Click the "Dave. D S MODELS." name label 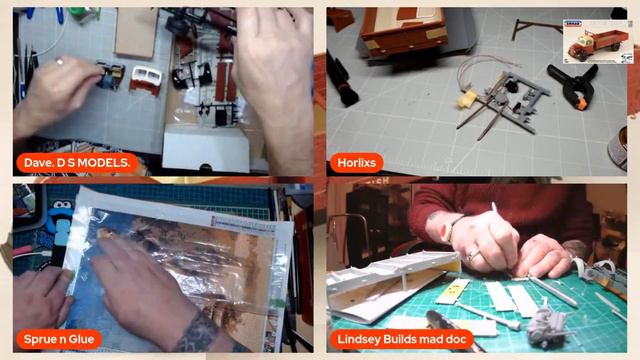point(77,163)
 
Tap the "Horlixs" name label point(356,163)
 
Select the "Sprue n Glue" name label point(59,339)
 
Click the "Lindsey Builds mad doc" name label point(402,339)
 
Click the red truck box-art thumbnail point(598,41)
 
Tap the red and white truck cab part point(146,80)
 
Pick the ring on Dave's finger point(60,62)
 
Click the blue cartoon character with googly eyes point(60,222)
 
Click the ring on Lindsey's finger point(472,256)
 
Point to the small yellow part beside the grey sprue point(467,98)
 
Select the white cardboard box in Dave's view point(206,148)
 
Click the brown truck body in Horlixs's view point(404,30)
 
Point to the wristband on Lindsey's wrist point(452,229)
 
